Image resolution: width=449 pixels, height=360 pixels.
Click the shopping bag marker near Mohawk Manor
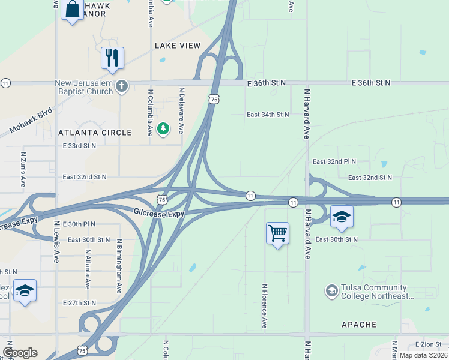72,10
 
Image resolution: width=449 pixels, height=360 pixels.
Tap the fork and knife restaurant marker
112,58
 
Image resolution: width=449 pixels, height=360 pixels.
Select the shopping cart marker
277,233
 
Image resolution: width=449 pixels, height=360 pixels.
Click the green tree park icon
163,128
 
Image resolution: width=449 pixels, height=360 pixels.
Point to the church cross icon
122,87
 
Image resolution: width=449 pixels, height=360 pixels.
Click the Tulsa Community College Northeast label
377,292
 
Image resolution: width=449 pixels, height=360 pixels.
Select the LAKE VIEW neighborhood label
177,46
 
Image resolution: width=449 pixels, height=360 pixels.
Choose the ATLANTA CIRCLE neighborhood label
95,133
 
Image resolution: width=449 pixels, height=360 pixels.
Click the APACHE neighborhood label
358,325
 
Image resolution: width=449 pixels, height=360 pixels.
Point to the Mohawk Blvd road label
31,122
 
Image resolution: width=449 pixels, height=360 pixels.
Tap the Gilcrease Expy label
159,213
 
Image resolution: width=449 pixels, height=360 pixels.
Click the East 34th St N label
268,114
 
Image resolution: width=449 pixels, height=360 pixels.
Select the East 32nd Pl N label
334,162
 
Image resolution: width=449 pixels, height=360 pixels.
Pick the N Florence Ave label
264,306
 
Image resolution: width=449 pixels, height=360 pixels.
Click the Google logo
20,353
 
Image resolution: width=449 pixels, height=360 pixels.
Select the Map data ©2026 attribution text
423,355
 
